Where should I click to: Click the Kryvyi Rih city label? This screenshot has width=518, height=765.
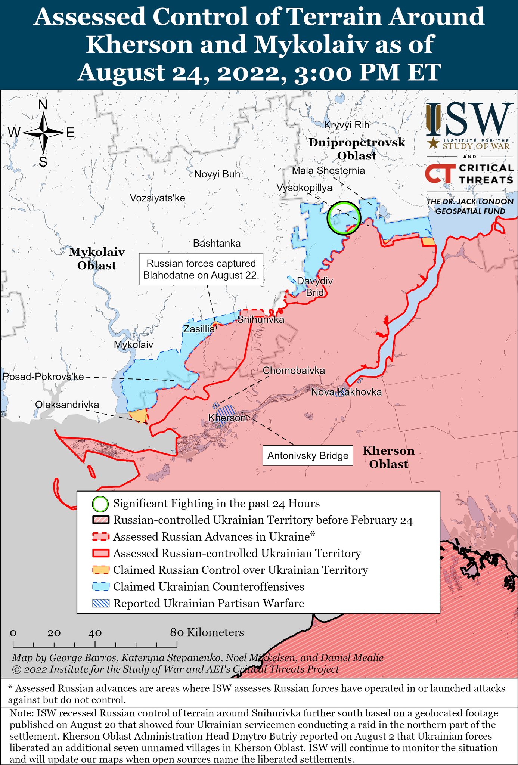tap(346, 125)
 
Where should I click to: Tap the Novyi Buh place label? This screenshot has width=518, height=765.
tap(217, 174)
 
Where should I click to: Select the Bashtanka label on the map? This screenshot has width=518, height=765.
tap(217, 244)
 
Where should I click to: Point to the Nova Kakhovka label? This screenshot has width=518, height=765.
tap(346, 392)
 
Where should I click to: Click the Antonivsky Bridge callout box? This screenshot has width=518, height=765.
tap(308, 456)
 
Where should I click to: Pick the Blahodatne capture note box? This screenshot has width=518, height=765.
tap(201, 269)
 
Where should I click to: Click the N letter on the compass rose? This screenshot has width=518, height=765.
tap(43, 105)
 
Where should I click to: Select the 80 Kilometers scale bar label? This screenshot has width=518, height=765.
tap(207, 632)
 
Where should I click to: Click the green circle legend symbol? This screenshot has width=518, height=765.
tap(100, 504)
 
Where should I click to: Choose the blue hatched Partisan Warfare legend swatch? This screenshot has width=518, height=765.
tap(100, 603)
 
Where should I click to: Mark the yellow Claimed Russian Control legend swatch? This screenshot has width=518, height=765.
tap(100, 570)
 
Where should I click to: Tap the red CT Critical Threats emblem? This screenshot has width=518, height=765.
tap(440, 174)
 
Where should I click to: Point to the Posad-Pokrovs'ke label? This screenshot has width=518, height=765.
tap(43, 377)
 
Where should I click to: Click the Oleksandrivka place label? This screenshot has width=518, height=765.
tap(67, 405)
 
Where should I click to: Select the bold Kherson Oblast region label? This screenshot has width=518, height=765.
tap(388, 458)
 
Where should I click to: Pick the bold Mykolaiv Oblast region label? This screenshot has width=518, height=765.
tap(97, 259)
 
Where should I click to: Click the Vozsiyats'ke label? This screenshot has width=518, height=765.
tap(157, 198)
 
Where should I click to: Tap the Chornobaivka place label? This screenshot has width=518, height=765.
tap(294, 371)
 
